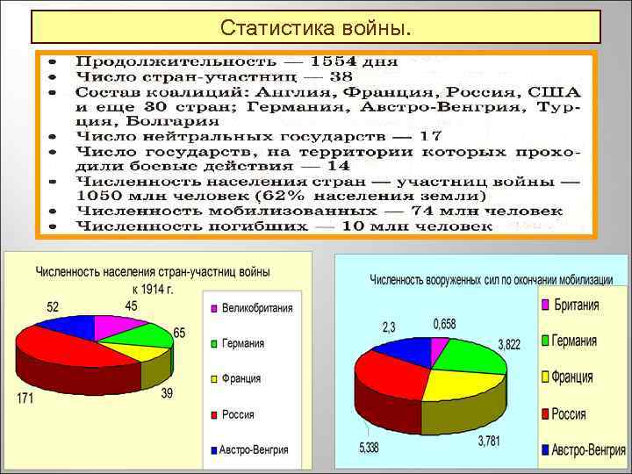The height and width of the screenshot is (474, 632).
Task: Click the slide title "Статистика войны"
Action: [x=315, y=27]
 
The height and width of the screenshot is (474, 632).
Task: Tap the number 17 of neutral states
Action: [x=431, y=136]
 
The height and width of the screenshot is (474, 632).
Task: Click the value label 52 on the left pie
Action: [x=54, y=307]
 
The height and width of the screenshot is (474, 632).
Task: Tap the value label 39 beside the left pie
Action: [x=167, y=392]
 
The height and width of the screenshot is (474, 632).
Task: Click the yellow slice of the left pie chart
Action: [x=146, y=351]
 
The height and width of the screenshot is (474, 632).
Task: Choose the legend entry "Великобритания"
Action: [x=256, y=308]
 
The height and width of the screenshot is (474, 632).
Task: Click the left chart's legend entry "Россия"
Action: [x=240, y=413]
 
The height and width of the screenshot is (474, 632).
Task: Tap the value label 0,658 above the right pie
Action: [x=444, y=325]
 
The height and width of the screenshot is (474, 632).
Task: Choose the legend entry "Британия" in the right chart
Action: [x=576, y=305]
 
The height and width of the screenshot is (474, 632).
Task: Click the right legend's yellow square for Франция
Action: [x=545, y=377]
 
